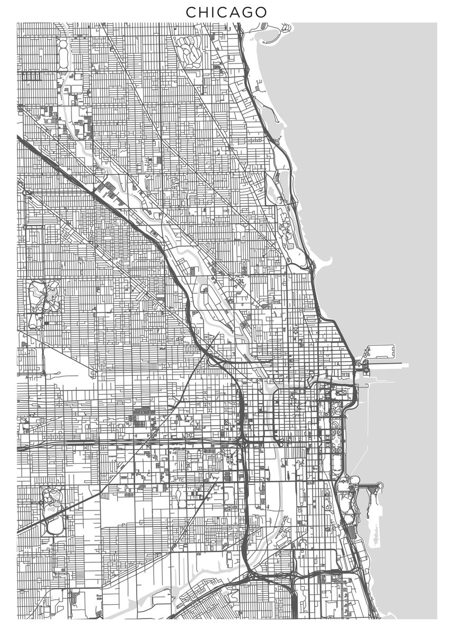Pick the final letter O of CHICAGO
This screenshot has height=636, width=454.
coord(262,12)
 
